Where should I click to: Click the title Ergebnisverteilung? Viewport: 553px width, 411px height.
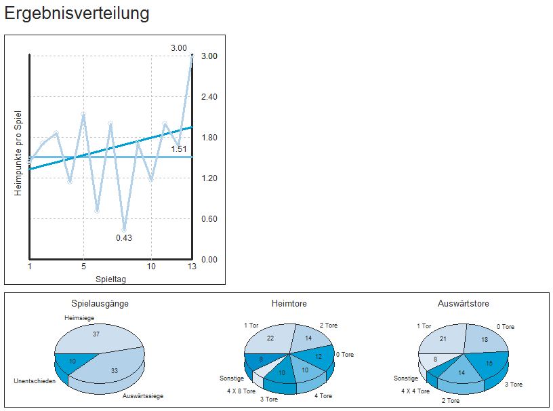point(77,13)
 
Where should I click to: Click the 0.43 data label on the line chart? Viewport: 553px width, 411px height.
point(124,237)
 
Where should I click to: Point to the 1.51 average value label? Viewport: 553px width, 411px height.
point(179,149)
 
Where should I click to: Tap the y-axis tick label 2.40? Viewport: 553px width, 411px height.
point(209,97)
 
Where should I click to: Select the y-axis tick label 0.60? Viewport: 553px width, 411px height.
point(209,219)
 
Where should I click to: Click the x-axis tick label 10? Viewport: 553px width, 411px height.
point(151,267)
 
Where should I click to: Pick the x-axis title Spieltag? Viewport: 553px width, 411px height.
point(110,279)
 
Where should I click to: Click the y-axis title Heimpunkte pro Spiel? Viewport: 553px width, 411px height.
point(18,153)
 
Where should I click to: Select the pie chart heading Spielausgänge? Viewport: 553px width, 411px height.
point(100,303)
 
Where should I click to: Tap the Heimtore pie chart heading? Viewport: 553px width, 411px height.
point(289,303)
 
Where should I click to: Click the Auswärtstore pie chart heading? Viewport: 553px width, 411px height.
point(464,303)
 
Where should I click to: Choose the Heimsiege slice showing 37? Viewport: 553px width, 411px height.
point(96,334)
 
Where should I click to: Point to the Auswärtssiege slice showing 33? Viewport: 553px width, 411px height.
point(114,370)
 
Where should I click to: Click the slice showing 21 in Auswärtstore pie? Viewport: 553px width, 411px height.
point(443,338)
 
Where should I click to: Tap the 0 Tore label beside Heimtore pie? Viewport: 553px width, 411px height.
point(344,355)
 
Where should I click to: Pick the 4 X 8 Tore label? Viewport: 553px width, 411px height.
point(241,391)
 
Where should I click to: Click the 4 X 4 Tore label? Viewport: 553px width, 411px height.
point(415,391)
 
